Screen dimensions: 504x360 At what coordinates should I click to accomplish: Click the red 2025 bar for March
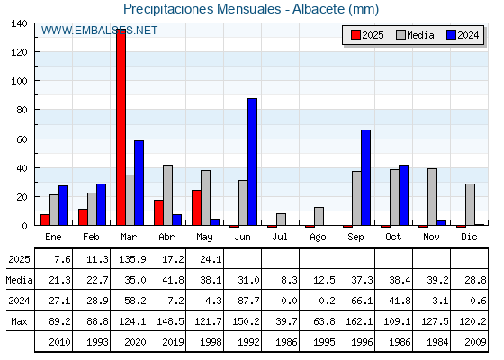click(121, 127)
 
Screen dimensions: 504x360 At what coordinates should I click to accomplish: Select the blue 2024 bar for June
click(252, 162)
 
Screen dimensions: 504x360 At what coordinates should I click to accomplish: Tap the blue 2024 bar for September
click(365, 177)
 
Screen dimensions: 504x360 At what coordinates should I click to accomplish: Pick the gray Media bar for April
click(167, 195)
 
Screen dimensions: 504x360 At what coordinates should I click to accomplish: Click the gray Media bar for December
click(470, 204)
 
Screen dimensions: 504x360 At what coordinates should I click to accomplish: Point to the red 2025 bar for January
click(45, 220)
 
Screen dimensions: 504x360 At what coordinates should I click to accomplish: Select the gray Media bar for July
click(281, 220)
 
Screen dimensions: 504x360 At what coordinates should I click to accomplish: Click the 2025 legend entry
click(367, 35)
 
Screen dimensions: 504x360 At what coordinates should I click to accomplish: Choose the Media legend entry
click(415, 35)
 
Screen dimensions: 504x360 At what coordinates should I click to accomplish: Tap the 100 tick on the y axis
click(19, 81)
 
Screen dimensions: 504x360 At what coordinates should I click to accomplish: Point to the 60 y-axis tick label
click(22, 139)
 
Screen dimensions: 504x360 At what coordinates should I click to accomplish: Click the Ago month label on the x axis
click(318, 238)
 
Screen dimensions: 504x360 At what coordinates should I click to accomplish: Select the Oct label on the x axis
click(393, 238)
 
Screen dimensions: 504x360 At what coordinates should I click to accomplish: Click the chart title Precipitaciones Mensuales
click(202, 9)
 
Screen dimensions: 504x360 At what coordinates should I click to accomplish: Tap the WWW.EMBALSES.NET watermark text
click(99, 31)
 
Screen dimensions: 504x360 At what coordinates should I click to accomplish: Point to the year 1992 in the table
click(248, 342)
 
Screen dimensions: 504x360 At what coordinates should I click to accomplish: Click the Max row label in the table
click(19, 321)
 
